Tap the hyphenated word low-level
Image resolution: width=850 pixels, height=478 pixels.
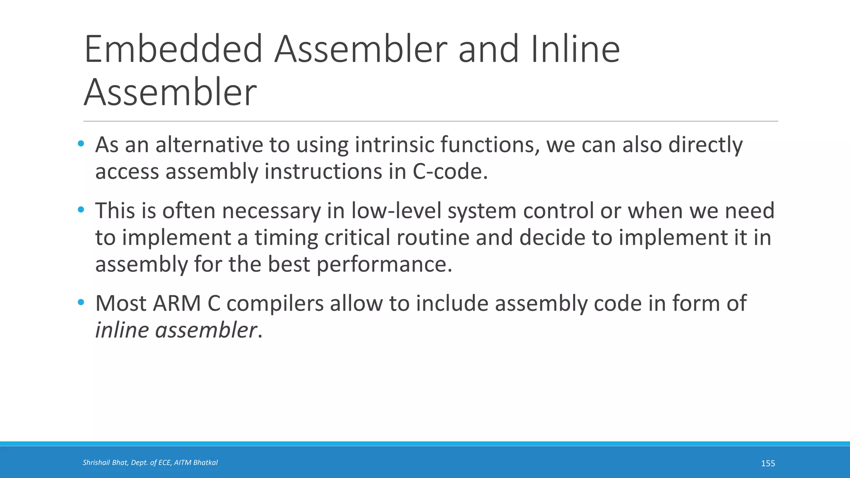pyautogui.click(x=396, y=211)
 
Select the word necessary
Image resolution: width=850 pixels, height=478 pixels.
pyautogui.click(x=271, y=211)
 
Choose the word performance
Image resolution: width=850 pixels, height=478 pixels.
pyautogui.click(x=381, y=264)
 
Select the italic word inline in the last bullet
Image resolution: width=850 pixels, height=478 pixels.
pyautogui.click(x=122, y=330)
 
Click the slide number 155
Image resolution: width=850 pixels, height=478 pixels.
pyautogui.click(x=768, y=463)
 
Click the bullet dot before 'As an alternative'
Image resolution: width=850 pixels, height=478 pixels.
pyautogui.click(x=81, y=144)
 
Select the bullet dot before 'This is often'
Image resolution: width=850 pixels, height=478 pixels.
pyautogui.click(x=81, y=210)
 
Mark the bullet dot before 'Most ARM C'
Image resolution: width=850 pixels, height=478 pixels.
pyautogui.click(x=81, y=302)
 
